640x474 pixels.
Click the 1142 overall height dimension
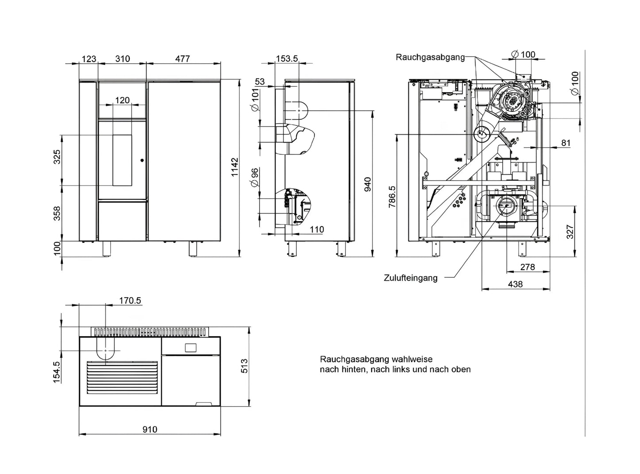pos(235,167)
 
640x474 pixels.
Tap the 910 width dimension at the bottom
pos(150,429)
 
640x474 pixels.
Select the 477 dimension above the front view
pos(182,59)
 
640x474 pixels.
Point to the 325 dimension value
pos(57,157)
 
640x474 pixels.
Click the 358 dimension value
pos(57,214)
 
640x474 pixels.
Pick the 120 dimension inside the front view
pos(122,100)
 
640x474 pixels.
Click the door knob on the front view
pos(142,160)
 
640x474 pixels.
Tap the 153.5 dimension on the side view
pos(287,59)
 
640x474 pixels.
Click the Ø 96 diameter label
pos(255,177)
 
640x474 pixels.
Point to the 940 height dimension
pos(367,184)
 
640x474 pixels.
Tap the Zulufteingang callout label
pos(411,278)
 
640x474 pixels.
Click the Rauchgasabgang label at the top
pos(430,57)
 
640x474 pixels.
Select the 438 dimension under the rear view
pos(515,284)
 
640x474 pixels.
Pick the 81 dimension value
pos(566,143)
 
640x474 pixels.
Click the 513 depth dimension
pos(244,366)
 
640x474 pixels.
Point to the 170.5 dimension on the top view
pos(130,300)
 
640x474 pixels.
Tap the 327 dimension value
pos(570,232)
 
